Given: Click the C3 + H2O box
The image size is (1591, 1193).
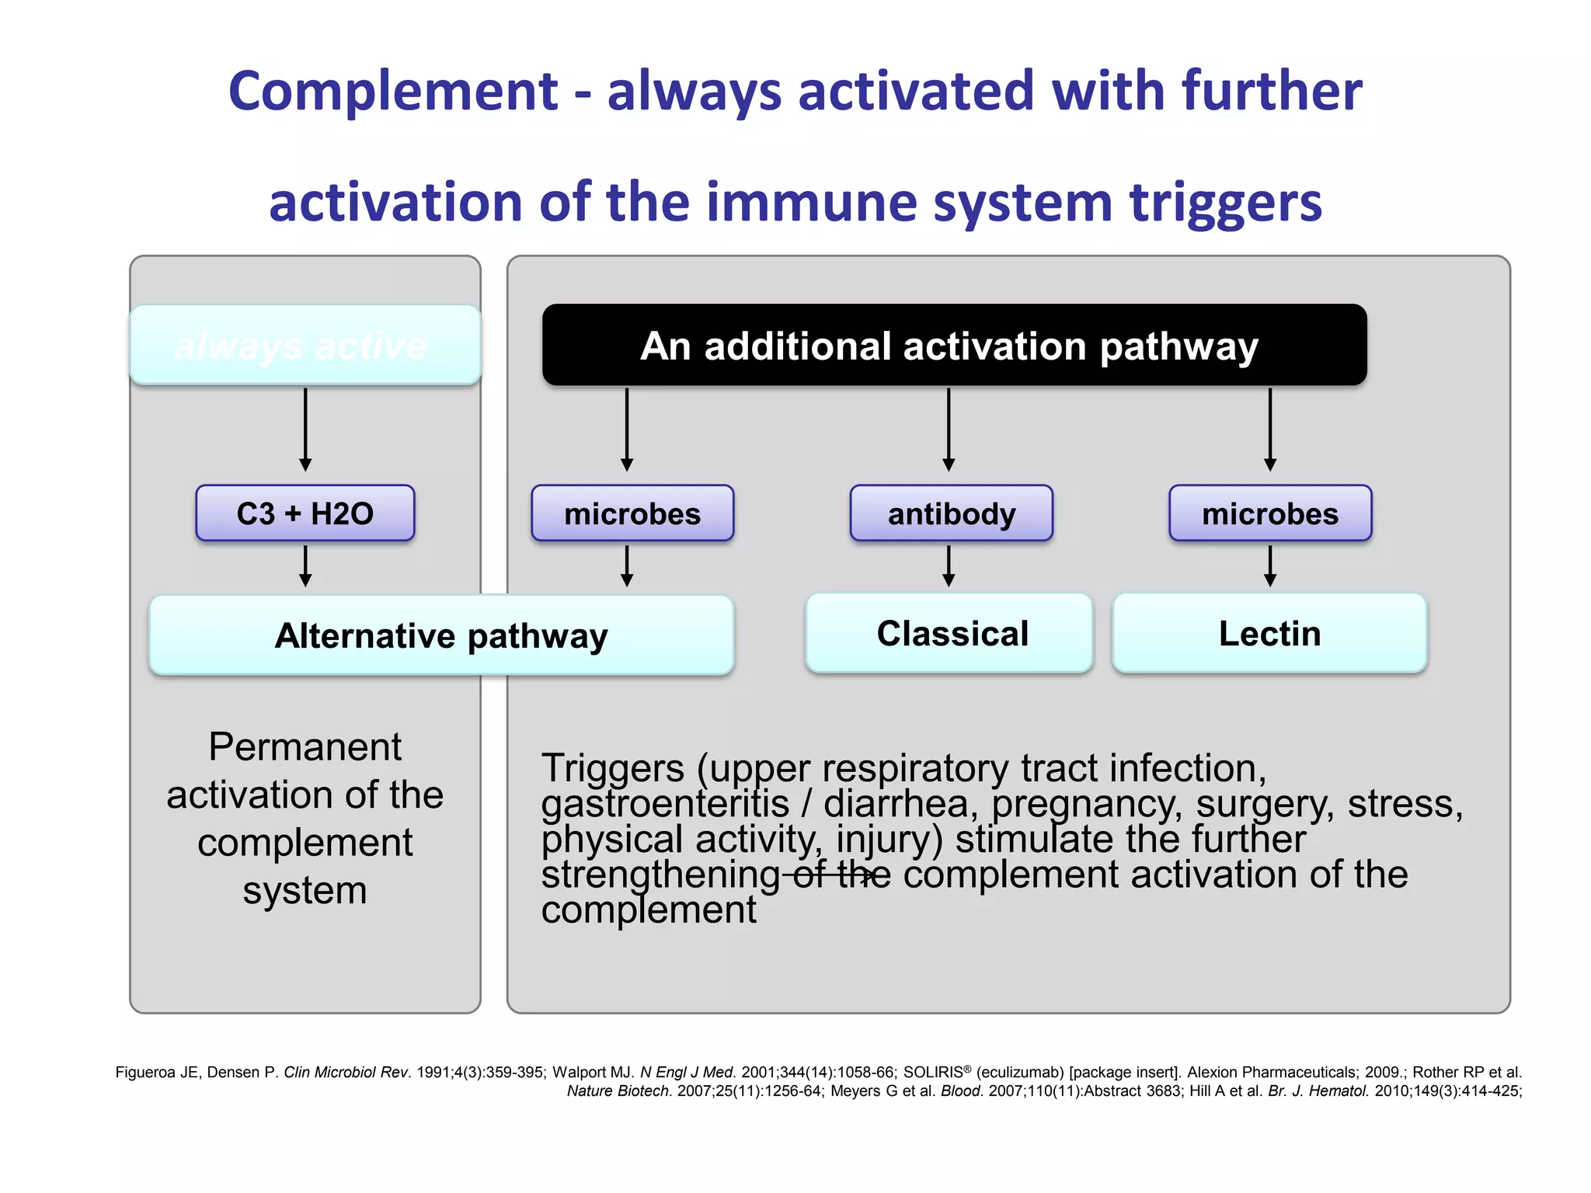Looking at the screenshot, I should click(305, 513).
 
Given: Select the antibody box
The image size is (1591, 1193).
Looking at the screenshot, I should click(951, 513).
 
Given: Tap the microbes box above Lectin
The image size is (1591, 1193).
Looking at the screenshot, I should click(1269, 513).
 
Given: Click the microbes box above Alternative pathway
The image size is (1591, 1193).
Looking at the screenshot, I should click(632, 513).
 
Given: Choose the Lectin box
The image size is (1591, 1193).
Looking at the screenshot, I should click(1269, 633).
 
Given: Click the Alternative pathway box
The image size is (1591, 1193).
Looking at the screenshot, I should click(441, 635).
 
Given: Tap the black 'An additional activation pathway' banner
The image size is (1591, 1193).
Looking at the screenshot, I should click(953, 346).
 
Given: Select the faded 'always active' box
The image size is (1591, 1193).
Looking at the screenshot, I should click(305, 346).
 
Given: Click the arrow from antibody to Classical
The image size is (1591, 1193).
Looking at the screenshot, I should click(948, 566).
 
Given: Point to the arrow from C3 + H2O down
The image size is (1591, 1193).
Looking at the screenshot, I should click(305, 566).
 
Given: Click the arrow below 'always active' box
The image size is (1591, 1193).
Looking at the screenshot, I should click(305, 430).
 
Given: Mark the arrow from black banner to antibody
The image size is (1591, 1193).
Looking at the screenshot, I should click(948, 430).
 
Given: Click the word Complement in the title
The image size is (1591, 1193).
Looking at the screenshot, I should click(392, 92).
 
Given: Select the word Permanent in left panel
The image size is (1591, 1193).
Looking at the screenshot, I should click(305, 747).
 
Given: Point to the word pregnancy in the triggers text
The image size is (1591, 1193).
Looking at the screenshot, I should click(1086, 805).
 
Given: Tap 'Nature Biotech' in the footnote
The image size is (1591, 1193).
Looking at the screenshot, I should click(618, 1091).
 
